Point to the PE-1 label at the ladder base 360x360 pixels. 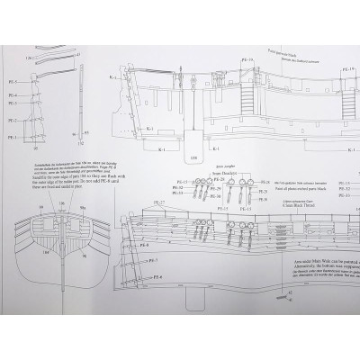click(13, 136)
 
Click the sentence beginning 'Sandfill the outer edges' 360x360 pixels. click(54, 175)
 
